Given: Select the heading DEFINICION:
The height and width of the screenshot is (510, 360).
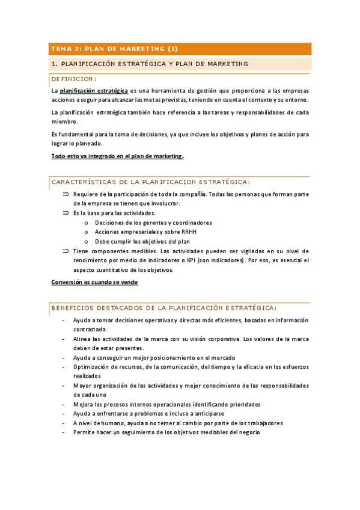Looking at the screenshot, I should (x=74, y=78).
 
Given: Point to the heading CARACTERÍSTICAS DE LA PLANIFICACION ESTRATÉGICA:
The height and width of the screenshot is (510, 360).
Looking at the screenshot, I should (x=151, y=182).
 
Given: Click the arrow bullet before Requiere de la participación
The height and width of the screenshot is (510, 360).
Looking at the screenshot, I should (x=66, y=194).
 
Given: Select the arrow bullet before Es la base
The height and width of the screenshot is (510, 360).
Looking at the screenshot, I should (x=66, y=213).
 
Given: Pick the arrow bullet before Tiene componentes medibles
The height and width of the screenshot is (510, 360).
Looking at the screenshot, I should (x=66, y=251).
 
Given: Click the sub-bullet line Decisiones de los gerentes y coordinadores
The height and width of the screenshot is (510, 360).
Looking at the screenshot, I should (x=153, y=223).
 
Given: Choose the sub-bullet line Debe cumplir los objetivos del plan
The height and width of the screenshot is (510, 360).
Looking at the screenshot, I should (x=142, y=241).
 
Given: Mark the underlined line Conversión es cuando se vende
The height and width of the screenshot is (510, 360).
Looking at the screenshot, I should (x=94, y=281).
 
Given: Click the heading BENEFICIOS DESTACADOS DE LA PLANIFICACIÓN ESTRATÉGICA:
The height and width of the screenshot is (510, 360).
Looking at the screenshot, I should (x=164, y=307).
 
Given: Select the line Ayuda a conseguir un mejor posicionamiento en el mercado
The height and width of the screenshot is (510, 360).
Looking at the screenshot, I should (x=154, y=357).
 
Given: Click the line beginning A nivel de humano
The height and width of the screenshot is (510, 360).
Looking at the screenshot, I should (x=177, y=423).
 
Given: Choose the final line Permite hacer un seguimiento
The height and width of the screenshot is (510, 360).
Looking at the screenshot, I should (x=166, y=432).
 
